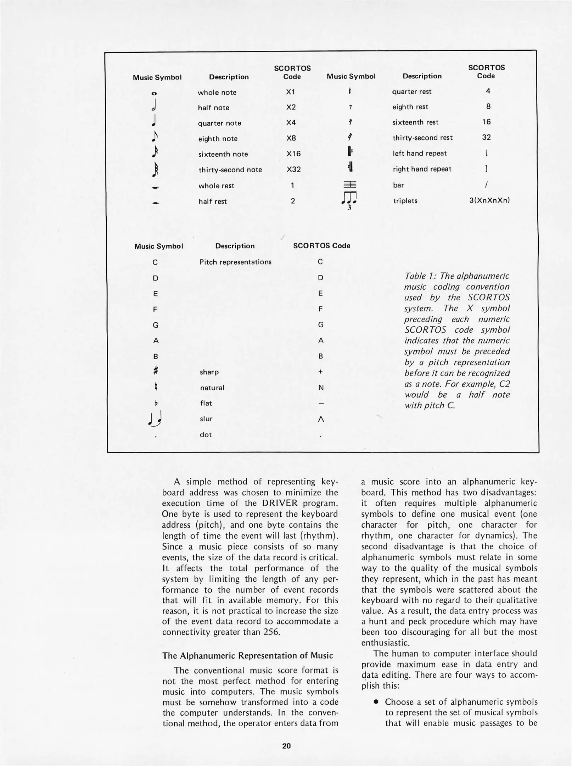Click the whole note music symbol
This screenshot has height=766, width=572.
click(x=154, y=93)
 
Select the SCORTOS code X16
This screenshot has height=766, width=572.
click(x=293, y=154)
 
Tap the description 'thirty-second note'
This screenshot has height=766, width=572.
click(x=230, y=170)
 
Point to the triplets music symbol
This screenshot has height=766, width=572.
click(x=349, y=199)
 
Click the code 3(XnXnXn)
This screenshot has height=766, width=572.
click(x=489, y=200)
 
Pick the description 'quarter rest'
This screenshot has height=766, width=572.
click(x=411, y=91)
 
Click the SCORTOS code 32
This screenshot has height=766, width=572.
click(x=486, y=137)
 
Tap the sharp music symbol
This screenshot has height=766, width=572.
click(x=155, y=371)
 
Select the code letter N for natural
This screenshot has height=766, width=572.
click(x=321, y=388)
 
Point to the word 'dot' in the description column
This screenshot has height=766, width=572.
click(x=206, y=434)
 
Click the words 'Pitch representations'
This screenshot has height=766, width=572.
click(x=235, y=262)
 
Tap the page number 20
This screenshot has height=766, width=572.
click(x=286, y=746)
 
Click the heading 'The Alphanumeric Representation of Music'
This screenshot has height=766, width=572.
click(x=247, y=655)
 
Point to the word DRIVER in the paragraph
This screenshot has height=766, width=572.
click(x=280, y=503)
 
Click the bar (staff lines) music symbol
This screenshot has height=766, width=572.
click(x=349, y=184)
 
